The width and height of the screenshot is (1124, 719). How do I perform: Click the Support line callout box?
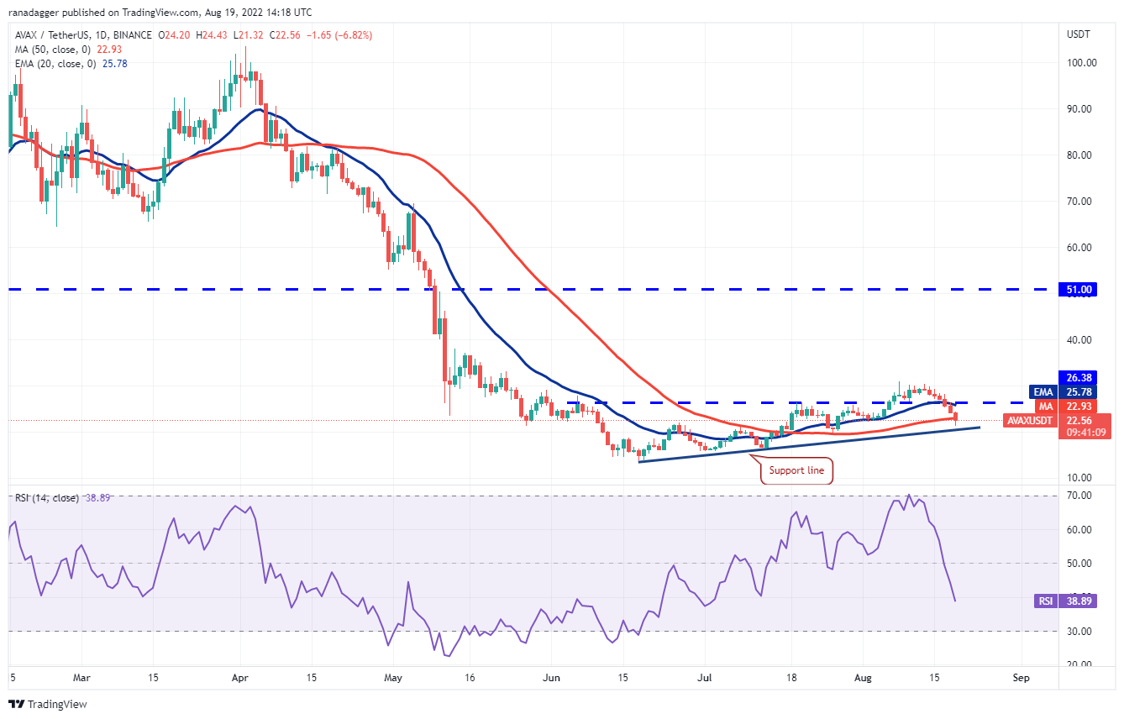796,471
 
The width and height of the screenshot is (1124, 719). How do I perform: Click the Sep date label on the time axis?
1022,676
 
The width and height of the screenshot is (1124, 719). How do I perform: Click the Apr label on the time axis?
241,676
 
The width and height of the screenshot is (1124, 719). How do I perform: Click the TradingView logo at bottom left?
48,704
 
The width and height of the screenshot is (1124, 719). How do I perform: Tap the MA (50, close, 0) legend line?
53,49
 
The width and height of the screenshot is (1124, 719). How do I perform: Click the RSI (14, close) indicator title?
47,498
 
